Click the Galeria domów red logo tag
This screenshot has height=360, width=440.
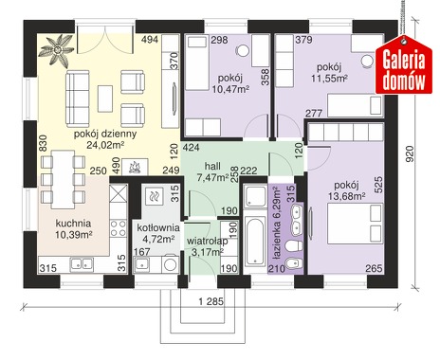coord(404,65)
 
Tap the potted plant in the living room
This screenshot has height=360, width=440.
coord(57,50)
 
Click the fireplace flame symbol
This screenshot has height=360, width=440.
coord(136,167)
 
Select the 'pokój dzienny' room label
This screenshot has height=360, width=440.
coord(105,134)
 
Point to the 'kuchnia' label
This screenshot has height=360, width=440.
coord(73,224)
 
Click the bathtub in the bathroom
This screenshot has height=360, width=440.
coord(255,242)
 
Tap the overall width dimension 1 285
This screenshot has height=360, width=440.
coord(211,301)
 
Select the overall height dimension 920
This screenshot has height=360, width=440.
coord(409,153)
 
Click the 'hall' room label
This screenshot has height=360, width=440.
coord(212,166)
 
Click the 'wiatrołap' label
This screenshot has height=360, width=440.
coord(207,242)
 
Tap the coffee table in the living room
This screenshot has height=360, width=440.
coord(105,99)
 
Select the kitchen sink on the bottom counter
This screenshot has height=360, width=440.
coord(82,264)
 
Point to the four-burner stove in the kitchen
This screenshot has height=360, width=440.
coord(119,228)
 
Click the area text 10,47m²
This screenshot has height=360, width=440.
coord(230,89)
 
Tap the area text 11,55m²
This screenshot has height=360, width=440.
coord(329,79)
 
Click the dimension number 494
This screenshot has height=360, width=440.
coord(150,40)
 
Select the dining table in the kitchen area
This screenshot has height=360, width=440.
coord(64,179)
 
